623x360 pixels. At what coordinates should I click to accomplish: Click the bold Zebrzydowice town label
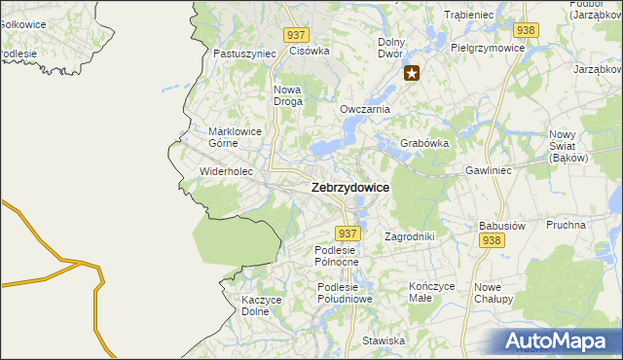pos(349,188)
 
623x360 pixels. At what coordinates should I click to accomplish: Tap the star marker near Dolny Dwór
pos(413,72)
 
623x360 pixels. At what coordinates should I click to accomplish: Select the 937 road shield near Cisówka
pos(298,34)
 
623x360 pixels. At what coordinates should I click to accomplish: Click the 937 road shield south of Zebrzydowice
pos(348,234)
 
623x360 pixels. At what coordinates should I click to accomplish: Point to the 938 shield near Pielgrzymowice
pos(527,30)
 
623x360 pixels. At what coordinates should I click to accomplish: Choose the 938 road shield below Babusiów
pos(492,240)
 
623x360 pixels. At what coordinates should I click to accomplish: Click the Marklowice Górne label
pos(236,136)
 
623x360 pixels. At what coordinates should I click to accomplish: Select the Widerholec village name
pos(226,171)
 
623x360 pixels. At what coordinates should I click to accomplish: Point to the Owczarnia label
pos(364,109)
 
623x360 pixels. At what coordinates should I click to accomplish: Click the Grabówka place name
pos(424,143)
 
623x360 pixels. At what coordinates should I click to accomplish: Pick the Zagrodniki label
pos(409,236)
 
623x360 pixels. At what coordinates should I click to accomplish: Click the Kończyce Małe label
pos(432,292)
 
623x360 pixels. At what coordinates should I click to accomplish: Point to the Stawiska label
pos(384,341)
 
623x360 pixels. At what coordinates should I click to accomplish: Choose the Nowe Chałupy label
pos(495,293)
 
